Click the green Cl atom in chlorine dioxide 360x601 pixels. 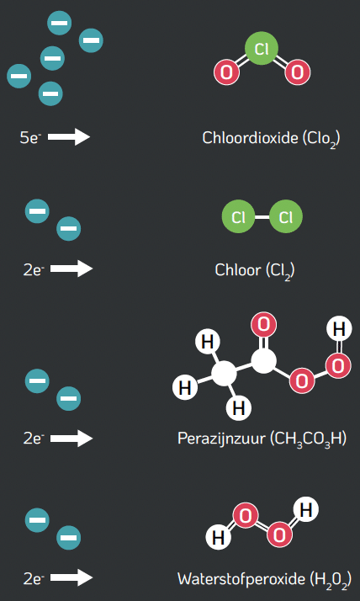pyautogui.click(x=262, y=49)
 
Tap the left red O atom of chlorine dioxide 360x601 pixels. pyautogui.click(x=226, y=72)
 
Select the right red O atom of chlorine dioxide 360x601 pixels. pyautogui.click(x=297, y=72)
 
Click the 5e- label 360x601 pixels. pyautogui.click(x=30, y=137)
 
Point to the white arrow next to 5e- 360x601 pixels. pyautogui.click(x=69, y=137)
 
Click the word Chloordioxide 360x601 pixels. pyautogui.click(x=250, y=138)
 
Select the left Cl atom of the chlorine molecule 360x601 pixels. pyautogui.click(x=238, y=217)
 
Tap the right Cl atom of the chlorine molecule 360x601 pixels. pyautogui.click(x=286, y=217)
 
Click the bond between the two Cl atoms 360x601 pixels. pyautogui.click(x=262, y=217)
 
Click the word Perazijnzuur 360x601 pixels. pyautogui.click(x=221, y=438)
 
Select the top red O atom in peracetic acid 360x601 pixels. pyautogui.click(x=263, y=325)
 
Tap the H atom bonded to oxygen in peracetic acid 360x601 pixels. pyautogui.click(x=339, y=329)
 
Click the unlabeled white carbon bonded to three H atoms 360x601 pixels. pyautogui.click(x=224, y=374)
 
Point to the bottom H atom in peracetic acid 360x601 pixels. pyautogui.click(x=239, y=408)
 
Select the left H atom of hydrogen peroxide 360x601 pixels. pyautogui.click(x=219, y=537)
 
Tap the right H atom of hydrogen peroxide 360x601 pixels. pyautogui.click(x=306, y=510)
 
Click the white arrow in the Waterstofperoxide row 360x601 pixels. pyautogui.click(x=71, y=577)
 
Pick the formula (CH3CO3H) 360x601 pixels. pyautogui.click(x=309, y=439)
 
